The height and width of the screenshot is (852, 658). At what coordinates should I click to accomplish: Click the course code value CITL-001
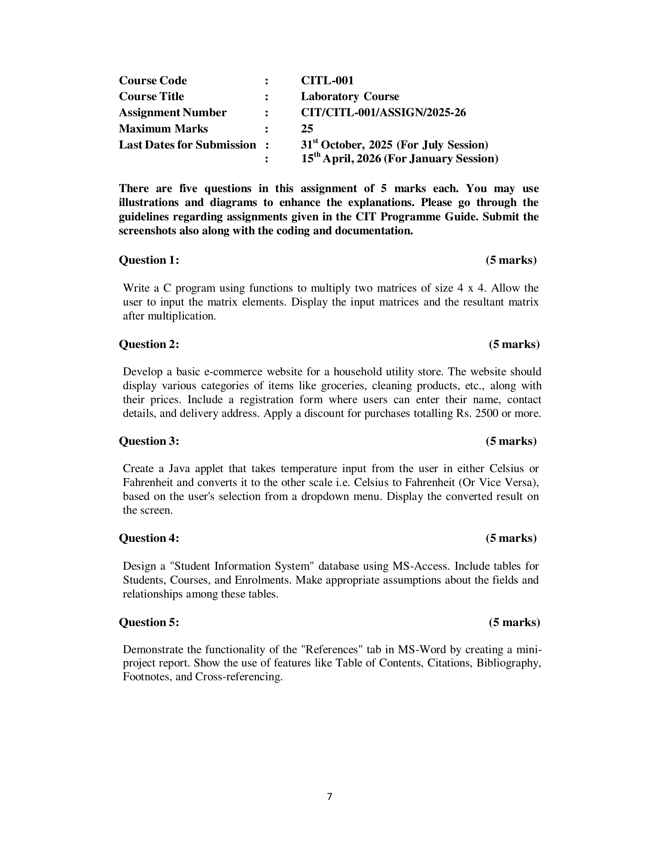point(327,81)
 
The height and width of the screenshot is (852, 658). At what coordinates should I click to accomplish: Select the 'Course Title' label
point(151,96)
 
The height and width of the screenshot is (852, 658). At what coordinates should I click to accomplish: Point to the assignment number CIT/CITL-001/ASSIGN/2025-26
point(383,113)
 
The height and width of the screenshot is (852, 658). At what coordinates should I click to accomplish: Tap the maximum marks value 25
point(307,129)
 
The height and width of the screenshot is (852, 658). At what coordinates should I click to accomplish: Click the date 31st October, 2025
point(346,145)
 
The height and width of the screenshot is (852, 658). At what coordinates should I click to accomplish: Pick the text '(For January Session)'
point(441,159)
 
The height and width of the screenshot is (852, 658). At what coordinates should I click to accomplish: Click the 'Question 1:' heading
point(149,260)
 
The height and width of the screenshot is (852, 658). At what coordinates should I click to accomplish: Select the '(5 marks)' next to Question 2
point(514,344)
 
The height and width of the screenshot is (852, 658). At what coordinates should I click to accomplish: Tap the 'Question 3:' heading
point(149,441)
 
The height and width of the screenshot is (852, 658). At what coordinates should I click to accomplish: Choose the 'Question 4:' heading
point(149,538)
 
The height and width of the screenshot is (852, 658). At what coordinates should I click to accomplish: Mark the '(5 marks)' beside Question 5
point(514,622)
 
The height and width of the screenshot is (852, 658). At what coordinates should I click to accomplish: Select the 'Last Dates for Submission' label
point(187,145)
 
